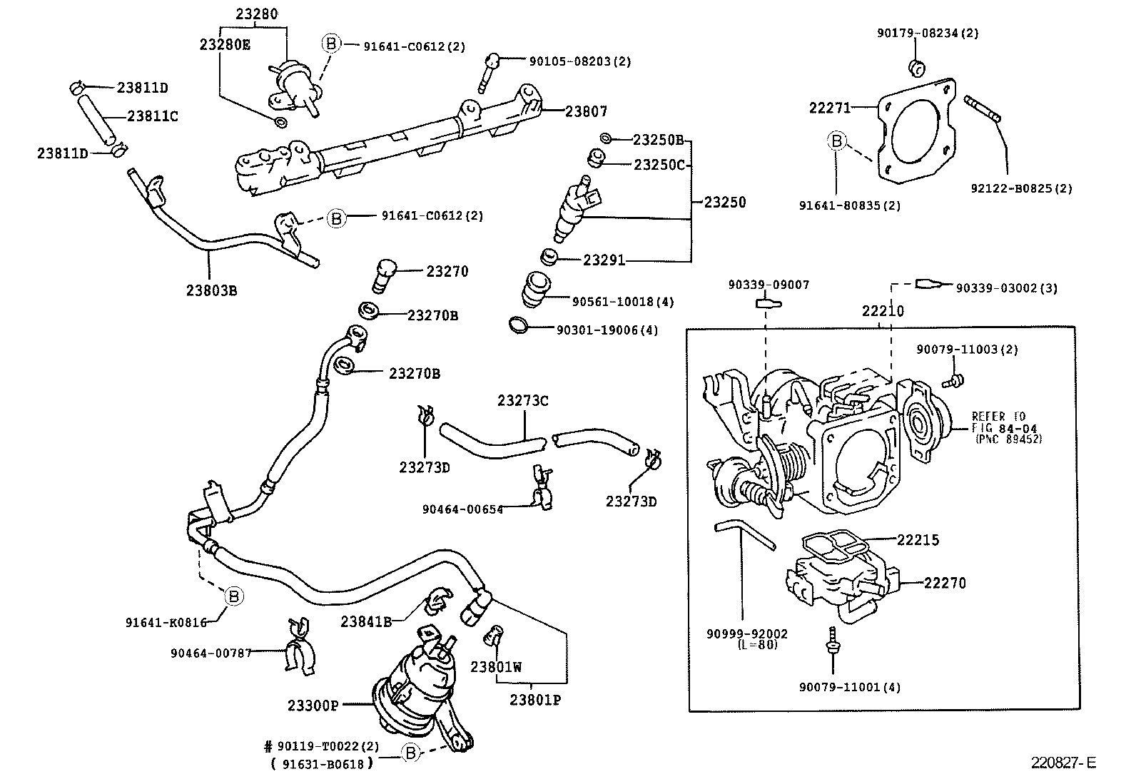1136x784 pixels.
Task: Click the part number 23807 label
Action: (x=586, y=111)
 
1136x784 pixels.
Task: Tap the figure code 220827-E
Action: (x=1062, y=763)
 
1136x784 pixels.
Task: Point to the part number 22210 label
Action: (x=883, y=311)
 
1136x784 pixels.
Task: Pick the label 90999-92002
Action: (x=747, y=633)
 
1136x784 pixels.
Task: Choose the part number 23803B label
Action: (x=211, y=290)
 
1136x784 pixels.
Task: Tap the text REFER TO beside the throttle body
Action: (x=998, y=417)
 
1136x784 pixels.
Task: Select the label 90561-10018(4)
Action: (x=623, y=302)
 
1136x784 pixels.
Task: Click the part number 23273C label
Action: (x=523, y=401)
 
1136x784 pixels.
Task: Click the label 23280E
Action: (x=224, y=44)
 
